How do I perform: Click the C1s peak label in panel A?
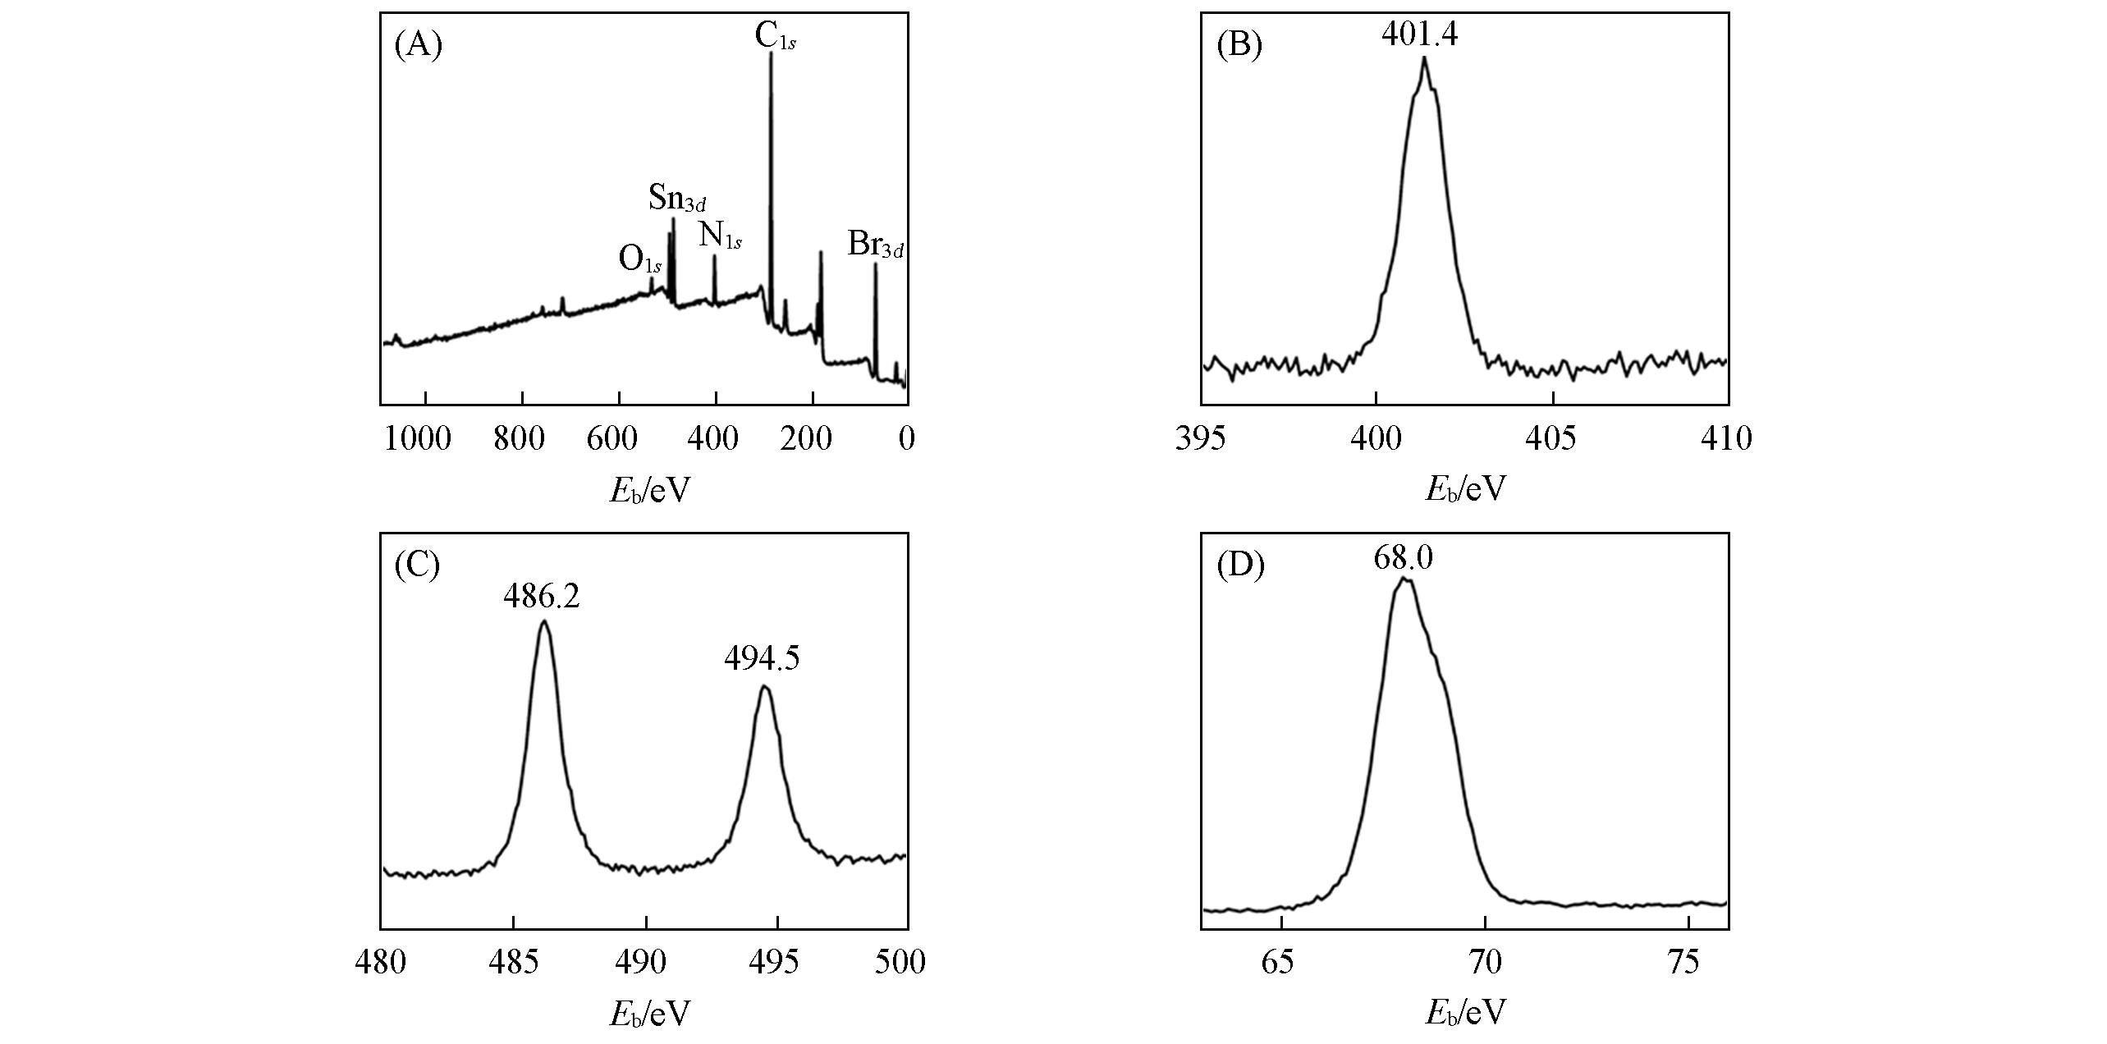[774, 36]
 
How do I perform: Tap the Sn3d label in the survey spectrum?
[677, 198]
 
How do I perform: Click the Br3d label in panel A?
[875, 245]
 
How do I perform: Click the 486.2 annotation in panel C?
[542, 597]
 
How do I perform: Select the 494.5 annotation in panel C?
[762, 658]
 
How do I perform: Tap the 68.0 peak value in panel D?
[1403, 559]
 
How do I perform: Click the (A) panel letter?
[419, 46]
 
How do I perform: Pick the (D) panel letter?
[1240, 566]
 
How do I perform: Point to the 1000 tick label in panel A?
[418, 439]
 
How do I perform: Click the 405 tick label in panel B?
[1552, 439]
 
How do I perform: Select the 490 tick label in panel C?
[645, 962]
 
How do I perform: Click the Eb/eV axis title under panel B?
[1466, 490]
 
